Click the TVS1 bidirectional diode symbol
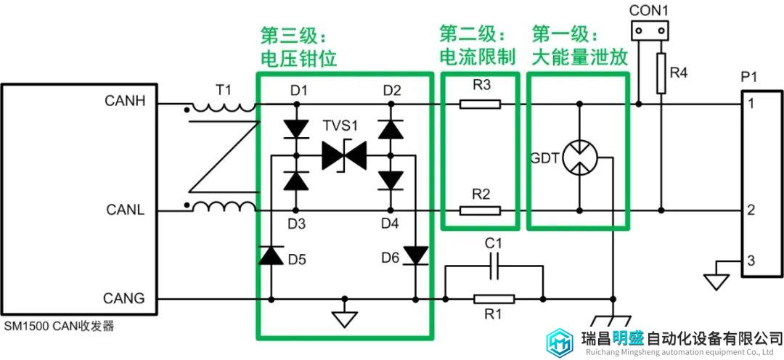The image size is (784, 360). click(x=344, y=155)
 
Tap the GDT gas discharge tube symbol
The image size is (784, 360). click(x=579, y=158)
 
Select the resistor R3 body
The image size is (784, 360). click(x=480, y=104)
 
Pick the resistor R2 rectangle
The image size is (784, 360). click(x=480, y=210)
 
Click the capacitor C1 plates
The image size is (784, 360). click(x=494, y=266)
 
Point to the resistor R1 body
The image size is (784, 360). click(x=494, y=300)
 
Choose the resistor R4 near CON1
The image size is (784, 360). click(x=661, y=73)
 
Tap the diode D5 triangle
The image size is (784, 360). click(x=271, y=255)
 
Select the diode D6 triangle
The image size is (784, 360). click(x=415, y=255)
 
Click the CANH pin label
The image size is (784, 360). click(x=125, y=101)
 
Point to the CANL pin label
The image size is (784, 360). click(x=125, y=210)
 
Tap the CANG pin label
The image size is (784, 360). click(x=124, y=298)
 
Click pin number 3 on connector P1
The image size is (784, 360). click(x=751, y=261)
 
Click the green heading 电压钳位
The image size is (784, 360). click(x=299, y=59)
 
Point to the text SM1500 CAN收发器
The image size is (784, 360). click(x=59, y=327)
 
